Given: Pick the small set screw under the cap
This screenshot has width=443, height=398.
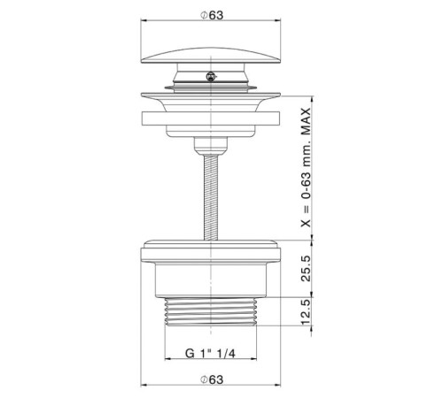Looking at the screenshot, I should click(209, 77).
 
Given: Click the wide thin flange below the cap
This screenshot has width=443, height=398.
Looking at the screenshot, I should click(210, 100).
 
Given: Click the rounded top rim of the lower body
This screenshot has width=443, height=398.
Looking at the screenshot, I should click(210, 249).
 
